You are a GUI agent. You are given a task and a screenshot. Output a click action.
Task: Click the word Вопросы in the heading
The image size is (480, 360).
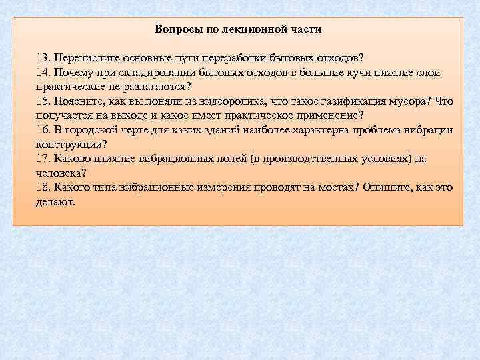(175, 29)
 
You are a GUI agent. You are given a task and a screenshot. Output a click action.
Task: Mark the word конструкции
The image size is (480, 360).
(68, 144)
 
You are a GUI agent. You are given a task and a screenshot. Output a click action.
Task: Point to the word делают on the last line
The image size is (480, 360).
(55, 201)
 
